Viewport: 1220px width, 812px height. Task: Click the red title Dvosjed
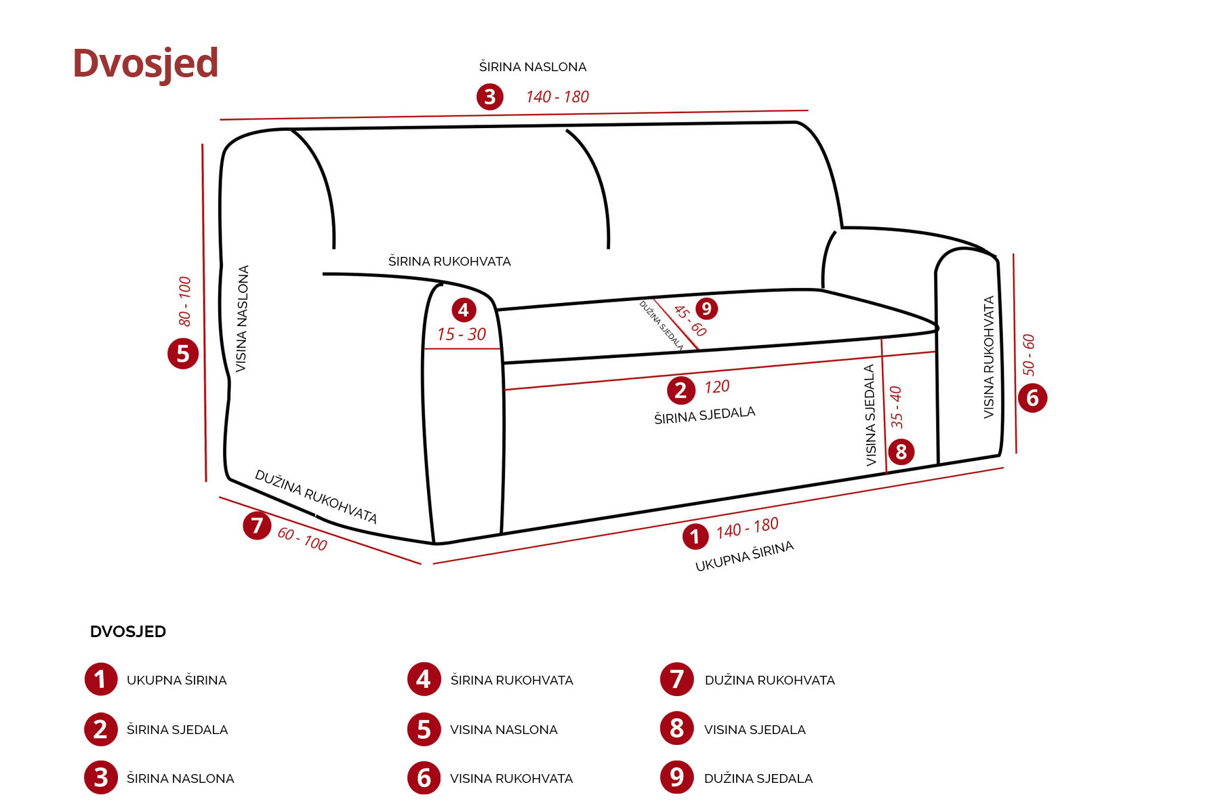pyautogui.click(x=145, y=63)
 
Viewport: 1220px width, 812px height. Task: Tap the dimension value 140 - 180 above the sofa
pyautogui.click(x=557, y=97)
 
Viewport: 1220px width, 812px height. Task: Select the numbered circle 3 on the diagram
pyautogui.click(x=489, y=97)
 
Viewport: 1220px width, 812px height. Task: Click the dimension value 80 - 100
pyautogui.click(x=185, y=301)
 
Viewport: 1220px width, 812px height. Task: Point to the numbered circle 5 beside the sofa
pyautogui.click(x=183, y=354)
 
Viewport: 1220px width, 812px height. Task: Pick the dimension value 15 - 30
pyautogui.click(x=462, y=334)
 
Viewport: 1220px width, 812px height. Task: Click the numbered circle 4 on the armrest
pyautogui.click(x=464, y=310)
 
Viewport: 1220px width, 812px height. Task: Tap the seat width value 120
pyautogui.click(x=716, y=387)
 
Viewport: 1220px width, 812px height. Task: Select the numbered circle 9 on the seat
pyautogui.click(x=706, y=309)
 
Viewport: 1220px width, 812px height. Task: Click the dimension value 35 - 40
pyautogui.click(x=896, y=407)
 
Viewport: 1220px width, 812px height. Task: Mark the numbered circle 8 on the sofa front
pyautogui.click(x=901, y=451)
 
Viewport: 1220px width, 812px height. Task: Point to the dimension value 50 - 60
pyautogui.click(x=1029, y=354)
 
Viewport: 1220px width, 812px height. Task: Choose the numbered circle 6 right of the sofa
pyautogui.click(x=1032, y=398)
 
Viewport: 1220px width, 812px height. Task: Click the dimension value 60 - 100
pyautogui.click(x=302, y=539)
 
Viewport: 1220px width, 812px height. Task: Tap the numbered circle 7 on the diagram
pyautogui.click(x=257, y=525)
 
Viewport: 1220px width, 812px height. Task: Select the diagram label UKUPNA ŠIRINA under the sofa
pyautogui.click(x=744, y=556)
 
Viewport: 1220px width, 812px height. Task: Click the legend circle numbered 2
pyautogui.click(x=100, y=729)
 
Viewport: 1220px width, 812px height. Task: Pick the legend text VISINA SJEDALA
pyautogui.click(x=754, y=730)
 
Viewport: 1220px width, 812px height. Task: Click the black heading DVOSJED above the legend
pyautogui.click(x=128, y=632)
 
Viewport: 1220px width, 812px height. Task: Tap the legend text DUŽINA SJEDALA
pyautogui.click(x=758, y=779)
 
